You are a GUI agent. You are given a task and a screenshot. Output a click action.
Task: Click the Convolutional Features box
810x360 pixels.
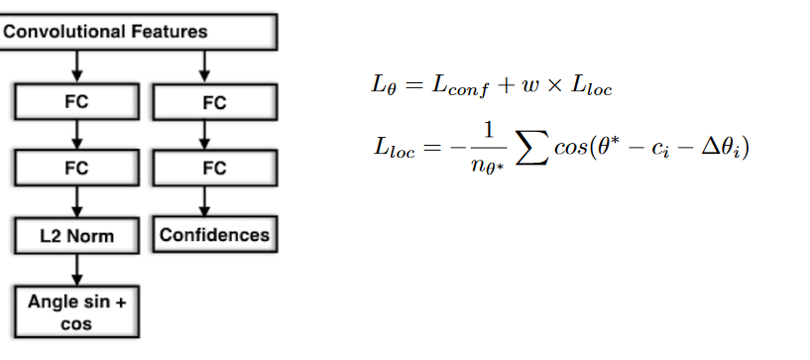click(x=139, y=32)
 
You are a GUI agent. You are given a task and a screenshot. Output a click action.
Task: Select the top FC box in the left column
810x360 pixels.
click(x=77, y=102)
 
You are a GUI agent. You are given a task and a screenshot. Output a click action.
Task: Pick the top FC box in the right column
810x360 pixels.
click(x=215, y=102)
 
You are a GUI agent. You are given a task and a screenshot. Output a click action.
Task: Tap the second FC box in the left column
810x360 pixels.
click(x=77, y=168)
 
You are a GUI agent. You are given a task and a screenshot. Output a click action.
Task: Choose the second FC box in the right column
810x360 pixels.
click(x=215, y=168)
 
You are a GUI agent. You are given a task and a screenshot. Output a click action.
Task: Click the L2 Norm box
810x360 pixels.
click(x=77, y=235)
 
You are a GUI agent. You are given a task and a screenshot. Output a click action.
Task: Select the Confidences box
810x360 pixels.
click(x=215, y=234)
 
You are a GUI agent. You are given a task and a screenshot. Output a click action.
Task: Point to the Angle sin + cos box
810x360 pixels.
click(x=77, y=312)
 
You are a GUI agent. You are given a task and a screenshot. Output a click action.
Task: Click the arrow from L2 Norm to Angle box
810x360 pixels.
click(x=77, y=270)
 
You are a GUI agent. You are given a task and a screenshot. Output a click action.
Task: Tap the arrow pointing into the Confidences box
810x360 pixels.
click(x=204, y=201)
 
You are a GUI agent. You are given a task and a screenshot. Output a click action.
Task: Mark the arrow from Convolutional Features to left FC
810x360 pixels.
click(x=77, y=66)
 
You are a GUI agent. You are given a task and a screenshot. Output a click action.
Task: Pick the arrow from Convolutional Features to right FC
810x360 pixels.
click(x=204, y=67)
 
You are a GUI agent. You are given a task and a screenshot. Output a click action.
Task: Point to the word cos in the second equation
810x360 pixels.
click(x=570, y=149)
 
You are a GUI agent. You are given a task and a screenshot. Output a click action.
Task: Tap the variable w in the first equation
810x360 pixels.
click(x=529, y=86)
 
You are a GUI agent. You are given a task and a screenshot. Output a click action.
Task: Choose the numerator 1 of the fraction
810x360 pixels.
click(x=488, y=131)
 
